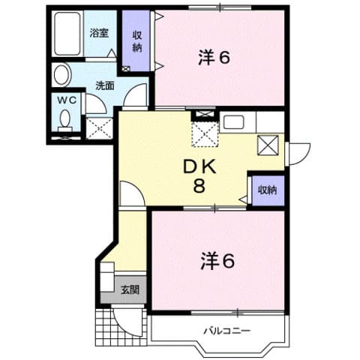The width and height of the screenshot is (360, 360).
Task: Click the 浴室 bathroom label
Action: point(98,32)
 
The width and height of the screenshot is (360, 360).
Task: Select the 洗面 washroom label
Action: point(103,85)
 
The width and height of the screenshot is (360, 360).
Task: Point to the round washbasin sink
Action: point(61,75)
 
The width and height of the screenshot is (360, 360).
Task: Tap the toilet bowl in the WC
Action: point(65,120)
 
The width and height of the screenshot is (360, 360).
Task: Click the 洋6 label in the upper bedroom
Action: point(213,57)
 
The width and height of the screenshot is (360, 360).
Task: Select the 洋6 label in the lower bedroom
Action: point(217,261)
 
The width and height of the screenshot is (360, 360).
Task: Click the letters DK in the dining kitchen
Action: point(200,166)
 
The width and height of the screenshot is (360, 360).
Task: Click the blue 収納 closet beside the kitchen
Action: point(265,190)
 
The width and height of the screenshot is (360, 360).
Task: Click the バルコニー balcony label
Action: point(226,331)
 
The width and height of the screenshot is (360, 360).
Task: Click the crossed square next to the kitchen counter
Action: point(268,143)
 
